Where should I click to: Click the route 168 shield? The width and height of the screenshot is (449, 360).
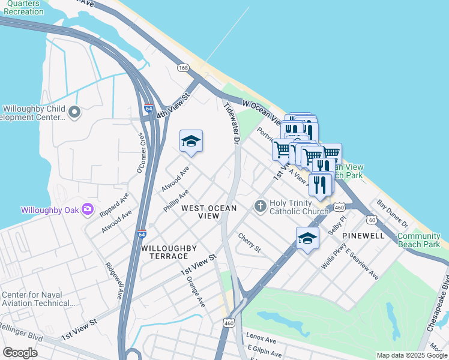tap(184, 68)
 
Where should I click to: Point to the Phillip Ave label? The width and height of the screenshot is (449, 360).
tap(176, 201)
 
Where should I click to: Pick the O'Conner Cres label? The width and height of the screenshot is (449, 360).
tap(142, 155)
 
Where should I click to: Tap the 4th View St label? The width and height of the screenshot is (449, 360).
tap(173, 105)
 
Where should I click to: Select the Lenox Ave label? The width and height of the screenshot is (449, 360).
tap(261, 339)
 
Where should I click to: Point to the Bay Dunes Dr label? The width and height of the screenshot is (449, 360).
tap(392, 214)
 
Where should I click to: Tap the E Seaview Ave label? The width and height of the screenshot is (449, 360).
tap(362, 263)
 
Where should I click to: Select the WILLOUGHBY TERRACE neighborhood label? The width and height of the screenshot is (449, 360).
tap(165, 252)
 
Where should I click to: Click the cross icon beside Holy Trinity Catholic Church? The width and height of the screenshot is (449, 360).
tap(260, 206)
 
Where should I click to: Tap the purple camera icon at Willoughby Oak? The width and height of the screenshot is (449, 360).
tap(88, 209)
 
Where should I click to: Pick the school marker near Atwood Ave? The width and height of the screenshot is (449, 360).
tap(191, 142)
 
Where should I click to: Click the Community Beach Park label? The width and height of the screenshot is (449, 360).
tap(418, 240)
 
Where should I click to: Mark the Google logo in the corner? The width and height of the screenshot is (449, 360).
tap(20, 353)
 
